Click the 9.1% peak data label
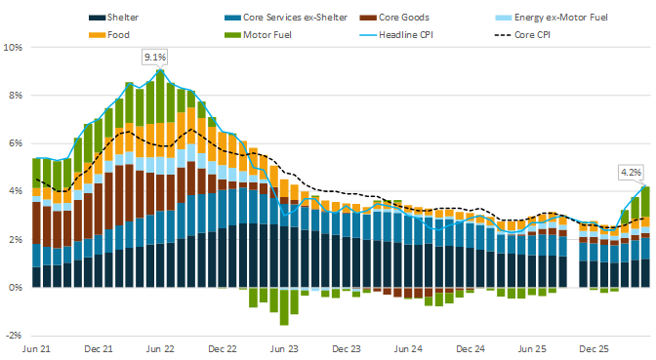click(155, 58)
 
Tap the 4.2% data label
click(631, 173)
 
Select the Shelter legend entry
click(113, 18)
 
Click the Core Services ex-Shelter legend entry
click(286, 18)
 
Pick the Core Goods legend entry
click(394, 18)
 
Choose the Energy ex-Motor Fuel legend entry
click(552, 18)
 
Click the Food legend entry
click(109, 35)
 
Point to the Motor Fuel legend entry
click(258, 35)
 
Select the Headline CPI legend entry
click(396, 35)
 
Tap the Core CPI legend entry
click(522, 35)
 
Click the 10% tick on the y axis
click(13, 47)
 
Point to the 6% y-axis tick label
click(15, 143)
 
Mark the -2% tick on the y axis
click(14, 336)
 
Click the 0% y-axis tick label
click(15, 288)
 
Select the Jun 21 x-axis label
click(36, 348)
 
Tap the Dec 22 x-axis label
click(223, 348)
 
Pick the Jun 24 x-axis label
click(408, 348)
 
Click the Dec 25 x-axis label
click(594, 348)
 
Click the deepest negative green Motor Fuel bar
click(284, 307)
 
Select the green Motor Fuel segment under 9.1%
click(160, 97)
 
